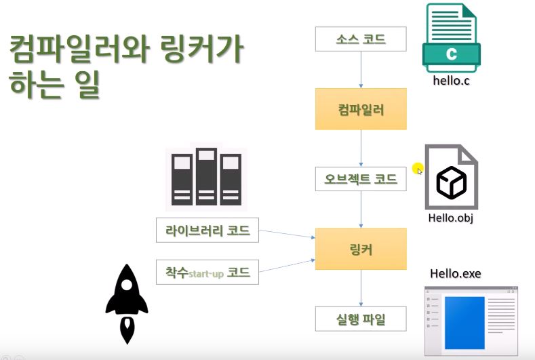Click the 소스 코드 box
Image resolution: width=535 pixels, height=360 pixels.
click(x=360, y=39)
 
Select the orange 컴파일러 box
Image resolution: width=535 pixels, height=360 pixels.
click(x=360, y=108)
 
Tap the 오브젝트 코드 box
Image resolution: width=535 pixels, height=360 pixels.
click(x=360, y=179)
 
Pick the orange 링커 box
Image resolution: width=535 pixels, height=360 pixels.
click(x=360, y=249)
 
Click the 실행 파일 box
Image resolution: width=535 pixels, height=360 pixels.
click(x=360, y=319)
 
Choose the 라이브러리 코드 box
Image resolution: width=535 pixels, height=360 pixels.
click(x=207, y=231)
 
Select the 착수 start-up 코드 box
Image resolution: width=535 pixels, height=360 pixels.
click(x=207, y=272)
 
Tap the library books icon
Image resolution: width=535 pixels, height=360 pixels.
click(x=206, y=177)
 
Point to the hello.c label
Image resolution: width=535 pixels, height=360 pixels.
click(x=451, y=81)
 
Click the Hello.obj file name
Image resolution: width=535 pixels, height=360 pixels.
click(x=451, y=218)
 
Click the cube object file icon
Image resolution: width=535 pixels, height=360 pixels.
click(x=451, y=178)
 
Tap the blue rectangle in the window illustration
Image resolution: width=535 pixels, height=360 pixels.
click(x=464, y=323)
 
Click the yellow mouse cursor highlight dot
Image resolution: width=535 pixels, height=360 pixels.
click(x=417, y=168)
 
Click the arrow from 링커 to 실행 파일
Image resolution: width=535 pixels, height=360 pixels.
click(x=360, y=287)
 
